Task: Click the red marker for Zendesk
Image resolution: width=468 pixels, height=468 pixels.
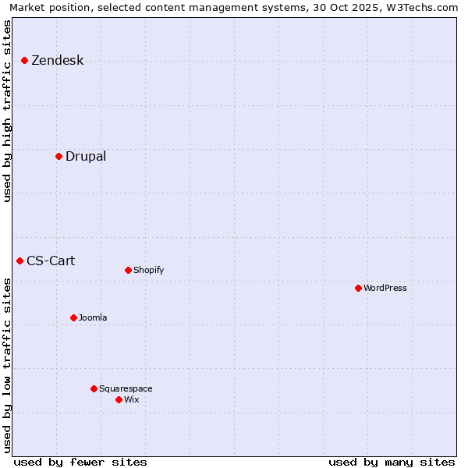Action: click(x=24, y=60)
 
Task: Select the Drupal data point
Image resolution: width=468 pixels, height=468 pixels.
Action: click(x=58, y=156)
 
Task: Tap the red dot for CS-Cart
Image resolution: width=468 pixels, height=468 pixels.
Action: click(x=19, y=261)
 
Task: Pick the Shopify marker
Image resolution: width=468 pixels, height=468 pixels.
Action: click(x=128, y=270)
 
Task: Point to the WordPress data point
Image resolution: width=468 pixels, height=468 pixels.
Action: click(x=358, y=288)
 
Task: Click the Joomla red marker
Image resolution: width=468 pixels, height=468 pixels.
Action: click(x=73, y=317)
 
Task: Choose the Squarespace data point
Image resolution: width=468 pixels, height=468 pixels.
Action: click(x=94, y=388)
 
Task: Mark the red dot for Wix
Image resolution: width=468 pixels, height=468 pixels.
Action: click(x=119, y=399)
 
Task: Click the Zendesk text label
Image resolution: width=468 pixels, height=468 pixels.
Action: click(x=57, y=60)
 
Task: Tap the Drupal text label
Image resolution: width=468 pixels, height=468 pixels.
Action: click(x=86, y=156)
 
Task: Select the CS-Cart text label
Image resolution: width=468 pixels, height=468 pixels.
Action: click(x=51, y=261)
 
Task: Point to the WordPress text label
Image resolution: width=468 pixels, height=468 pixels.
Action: click(x=385, y=288)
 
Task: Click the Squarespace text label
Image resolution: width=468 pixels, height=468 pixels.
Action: click(x=126, y=388)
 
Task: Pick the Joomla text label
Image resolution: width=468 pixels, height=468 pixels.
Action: click(x=93, y=317)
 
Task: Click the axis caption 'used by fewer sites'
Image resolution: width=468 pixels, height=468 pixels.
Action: click(x=80, y=462)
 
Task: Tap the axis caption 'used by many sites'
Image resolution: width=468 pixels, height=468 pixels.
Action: click(x=392, y=462)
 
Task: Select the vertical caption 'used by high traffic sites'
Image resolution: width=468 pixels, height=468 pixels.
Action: click(x=8, y=111)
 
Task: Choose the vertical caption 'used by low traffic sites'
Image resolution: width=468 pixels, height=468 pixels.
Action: click(x=8, y=365)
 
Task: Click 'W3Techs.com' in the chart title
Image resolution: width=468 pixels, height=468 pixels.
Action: click(x=425, y=7)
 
